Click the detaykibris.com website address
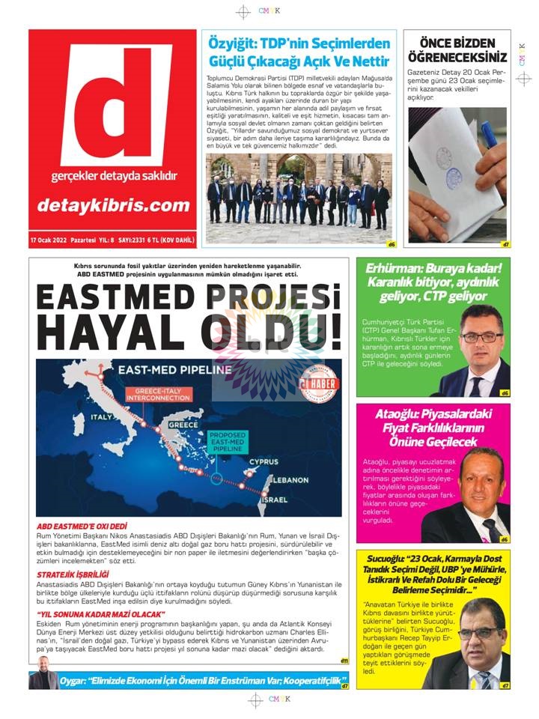tap(113, 204)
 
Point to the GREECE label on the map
tap(183, 424)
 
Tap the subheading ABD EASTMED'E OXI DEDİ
tap(82, 527)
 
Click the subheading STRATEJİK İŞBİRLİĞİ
tap(76, 574)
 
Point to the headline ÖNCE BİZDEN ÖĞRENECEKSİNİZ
tap(457, 50)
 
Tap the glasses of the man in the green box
tap(481, 336)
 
